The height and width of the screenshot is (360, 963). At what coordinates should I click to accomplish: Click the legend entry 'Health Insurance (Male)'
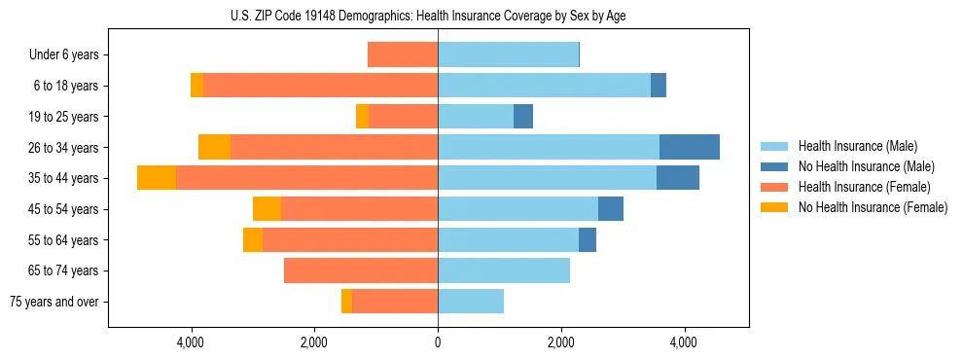tap(857, 146)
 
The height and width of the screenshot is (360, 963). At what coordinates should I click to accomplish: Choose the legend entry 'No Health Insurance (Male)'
tap(866, 166)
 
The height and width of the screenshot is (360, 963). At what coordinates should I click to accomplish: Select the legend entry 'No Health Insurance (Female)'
tap(872, 207)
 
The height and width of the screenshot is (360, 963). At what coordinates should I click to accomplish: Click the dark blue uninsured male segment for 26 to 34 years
tap(689, 147)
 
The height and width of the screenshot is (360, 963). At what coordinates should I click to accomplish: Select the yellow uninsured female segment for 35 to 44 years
tap(157, 178)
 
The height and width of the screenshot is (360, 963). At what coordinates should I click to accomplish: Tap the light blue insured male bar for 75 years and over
tap(471, 302)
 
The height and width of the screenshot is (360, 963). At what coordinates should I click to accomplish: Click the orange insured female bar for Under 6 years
tap(403, 55)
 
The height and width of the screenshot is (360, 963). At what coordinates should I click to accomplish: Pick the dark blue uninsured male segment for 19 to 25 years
tap(523, 117)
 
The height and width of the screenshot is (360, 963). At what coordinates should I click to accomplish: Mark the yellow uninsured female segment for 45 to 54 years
tap(267, 209)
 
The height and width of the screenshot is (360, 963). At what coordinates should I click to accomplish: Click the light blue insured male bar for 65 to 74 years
tap(504, 270)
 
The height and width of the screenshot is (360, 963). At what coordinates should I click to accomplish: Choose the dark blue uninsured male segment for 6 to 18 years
tap(659, 86)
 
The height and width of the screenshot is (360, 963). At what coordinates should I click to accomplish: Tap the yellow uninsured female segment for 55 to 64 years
tap(253, 240)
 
